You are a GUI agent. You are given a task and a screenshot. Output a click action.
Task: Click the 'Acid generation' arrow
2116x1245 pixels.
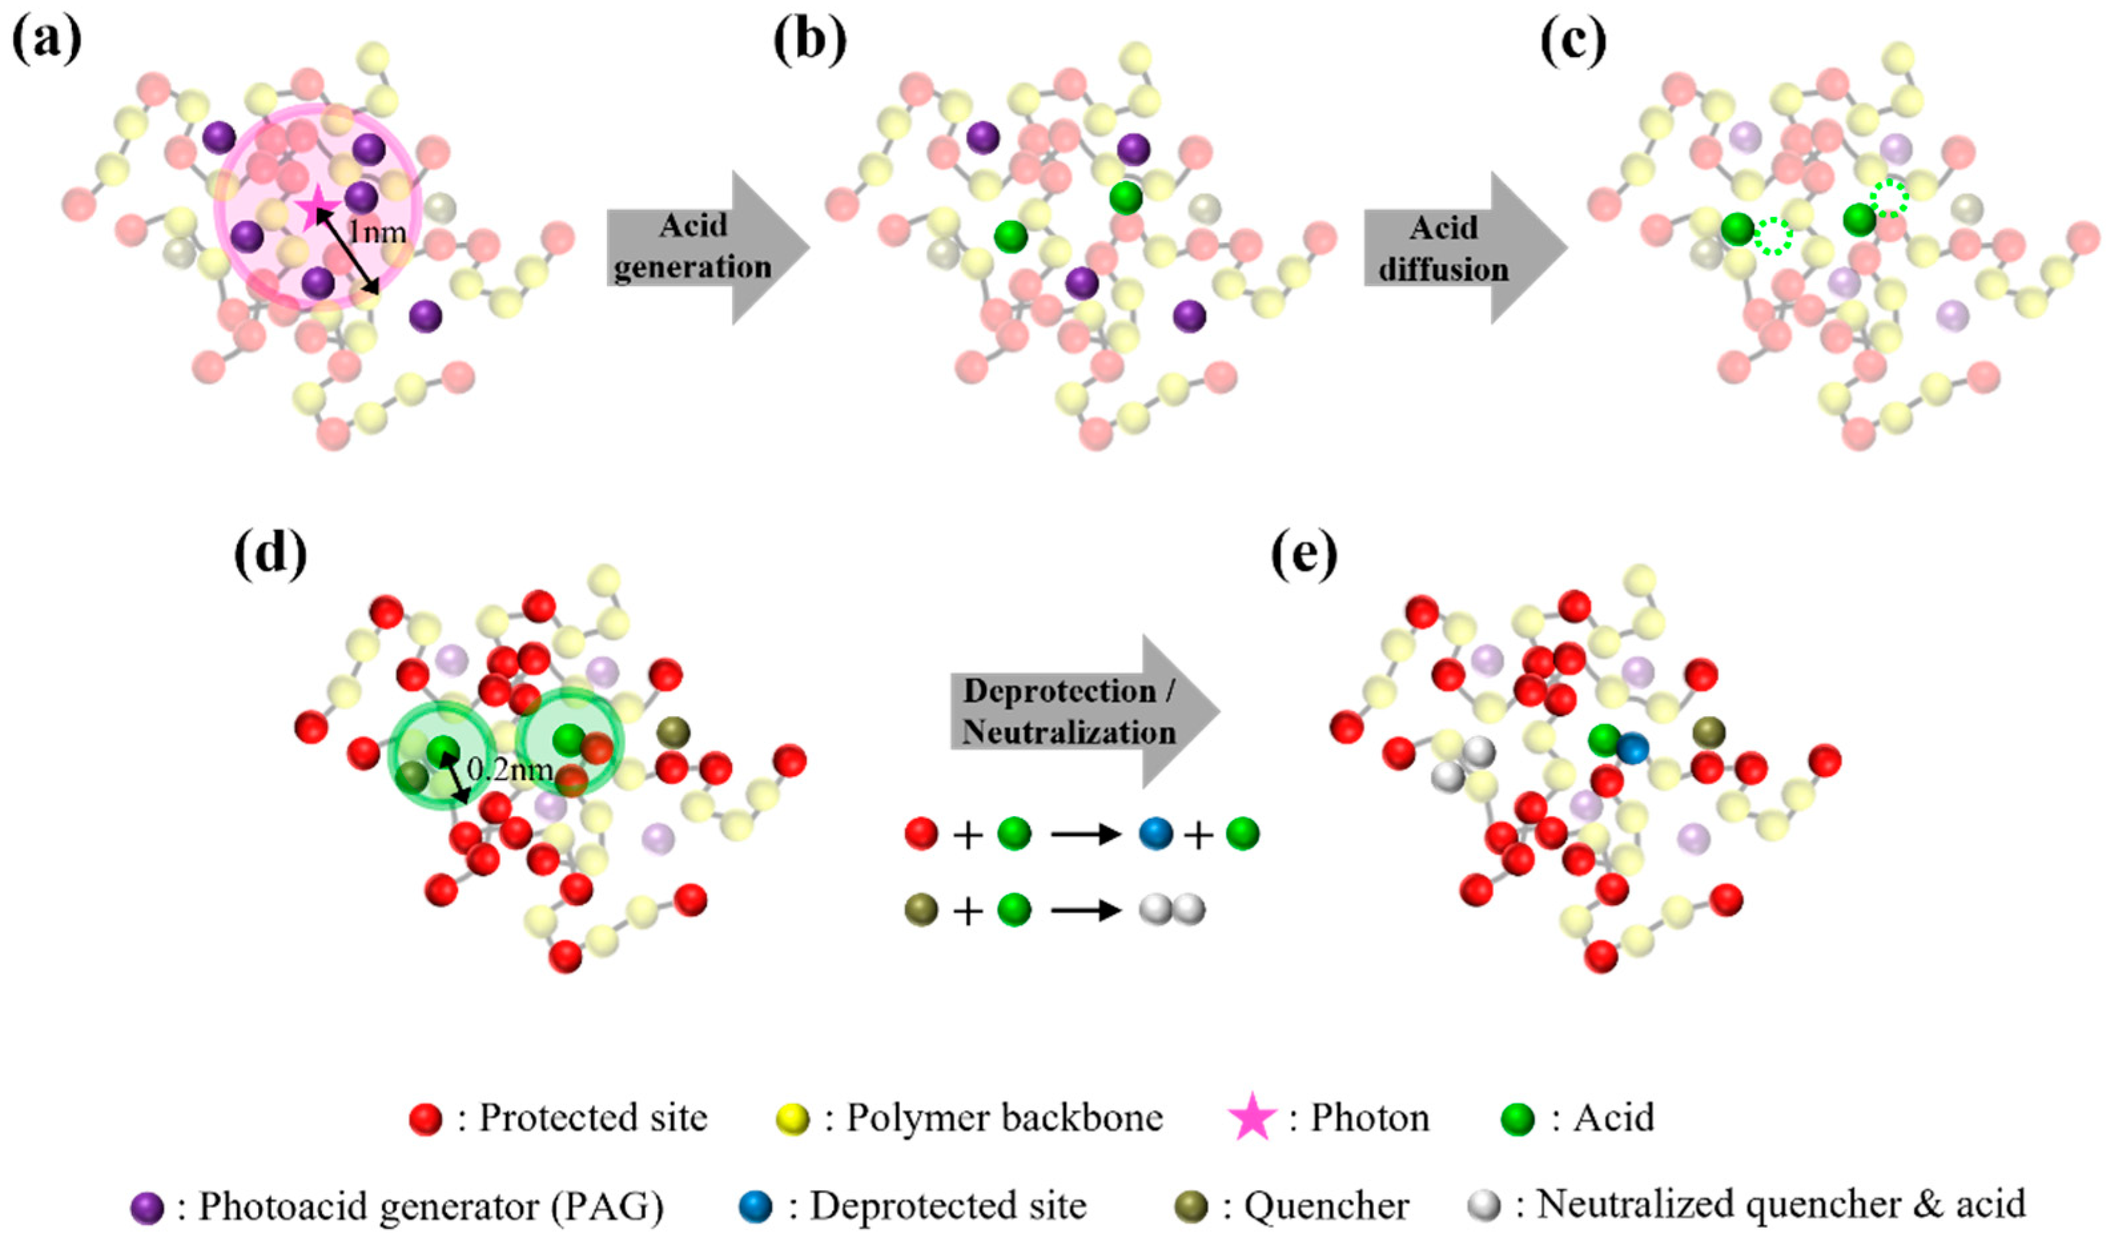tap(705, 247)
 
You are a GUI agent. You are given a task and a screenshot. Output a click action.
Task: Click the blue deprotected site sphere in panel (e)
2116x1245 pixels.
tap(1632, 747)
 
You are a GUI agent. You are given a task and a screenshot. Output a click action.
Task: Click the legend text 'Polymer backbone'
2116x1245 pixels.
tap(1004, 1118)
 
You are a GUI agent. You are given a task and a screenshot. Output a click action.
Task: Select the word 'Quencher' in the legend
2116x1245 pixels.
tap(1327, 1207)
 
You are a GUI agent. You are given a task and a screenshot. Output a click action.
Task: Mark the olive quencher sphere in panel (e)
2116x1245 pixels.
tap(1709, 733)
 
